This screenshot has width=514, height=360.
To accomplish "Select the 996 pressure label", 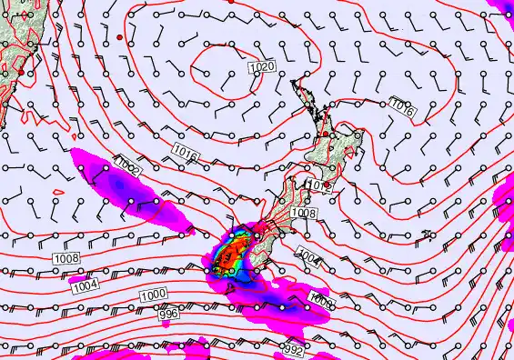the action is pyautogui.click(x=168, y=314).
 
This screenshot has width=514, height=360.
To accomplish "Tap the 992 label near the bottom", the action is pyautogui.click(x=291, y=349).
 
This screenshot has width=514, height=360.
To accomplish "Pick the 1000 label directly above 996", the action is pyautogui.click(x=154, y=296).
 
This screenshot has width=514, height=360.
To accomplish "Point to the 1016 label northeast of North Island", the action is pyautogui.click(x=402, y=107).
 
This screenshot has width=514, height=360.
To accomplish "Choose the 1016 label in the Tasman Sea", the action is pyautogui.click(x=185, y=152).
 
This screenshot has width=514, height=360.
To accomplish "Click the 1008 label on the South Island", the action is pyautogui.click(x=304, y=212).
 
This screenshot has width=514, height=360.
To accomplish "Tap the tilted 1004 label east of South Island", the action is pyautogui.click(x=309, y=258).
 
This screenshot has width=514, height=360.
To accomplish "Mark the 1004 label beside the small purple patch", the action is pyautogui.click(x=84, y=285).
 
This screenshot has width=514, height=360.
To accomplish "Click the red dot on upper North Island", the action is pyautogui.click(x=326, y=134).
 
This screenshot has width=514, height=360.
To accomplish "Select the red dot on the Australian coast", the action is pyautogui.click(x=21, y=71).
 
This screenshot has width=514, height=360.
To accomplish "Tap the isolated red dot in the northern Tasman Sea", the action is pyautogui.click(x=119, y=36).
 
